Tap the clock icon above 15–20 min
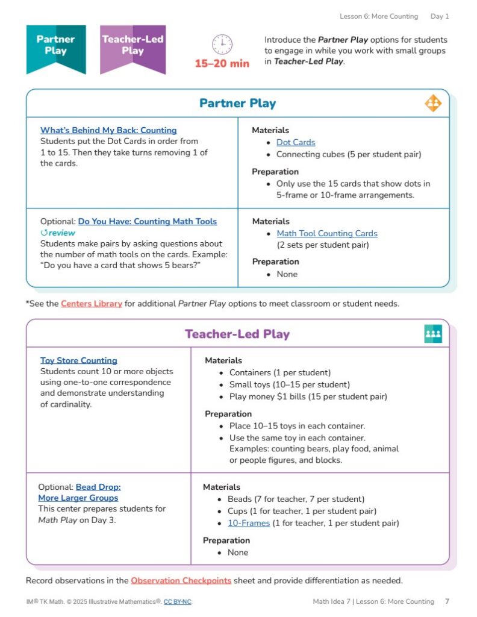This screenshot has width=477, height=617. (x=222, y=45)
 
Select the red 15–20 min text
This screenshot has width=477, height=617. (x=222, y=63)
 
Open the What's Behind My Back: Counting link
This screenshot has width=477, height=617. (x=108, y=130)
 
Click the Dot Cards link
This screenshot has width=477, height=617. (x=296, y=142)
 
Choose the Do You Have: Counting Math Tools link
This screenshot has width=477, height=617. (x=147, y=221)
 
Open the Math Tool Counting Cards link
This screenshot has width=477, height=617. (x=327, y=233)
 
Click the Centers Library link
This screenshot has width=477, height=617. (x=92, y=304)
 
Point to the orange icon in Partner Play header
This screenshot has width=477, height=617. (x=433, y=104)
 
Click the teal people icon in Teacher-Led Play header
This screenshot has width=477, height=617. (x=433, y=334)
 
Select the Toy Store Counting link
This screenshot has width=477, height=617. (x=79, y=360)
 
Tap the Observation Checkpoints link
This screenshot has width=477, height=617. (x=181, y=580)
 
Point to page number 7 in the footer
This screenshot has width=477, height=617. (x=447, y=601)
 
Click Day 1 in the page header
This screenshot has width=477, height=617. (x=440, y=16)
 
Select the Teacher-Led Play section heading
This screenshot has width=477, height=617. (x=237, y=334)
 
